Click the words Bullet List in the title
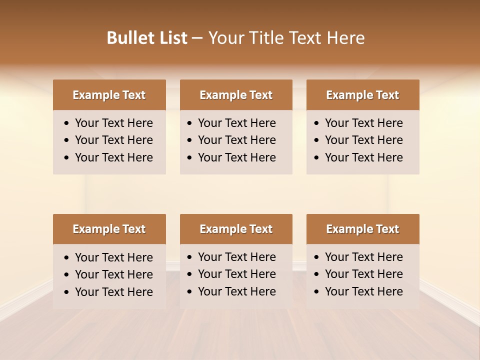coord(146,38)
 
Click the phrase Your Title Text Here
coord(286,38)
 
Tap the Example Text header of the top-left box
coord(109,95)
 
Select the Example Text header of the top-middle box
coord(236,95)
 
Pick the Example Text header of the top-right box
coord(362,95)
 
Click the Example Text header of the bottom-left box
coord(109,229)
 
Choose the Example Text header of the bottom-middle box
coord(236,229)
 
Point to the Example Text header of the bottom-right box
coord(362,229)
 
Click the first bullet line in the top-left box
coord(114,123)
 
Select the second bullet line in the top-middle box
coord(237,140)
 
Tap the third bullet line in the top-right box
coord(364,157)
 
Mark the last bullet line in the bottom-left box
coord(114,292)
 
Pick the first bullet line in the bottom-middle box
coord(237,257)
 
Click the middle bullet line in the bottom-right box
coord(364,274)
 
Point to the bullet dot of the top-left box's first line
coord(67,123)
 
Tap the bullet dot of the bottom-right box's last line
coord(317,292)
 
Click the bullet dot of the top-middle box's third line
coord(190,158)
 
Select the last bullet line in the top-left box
coord(114,157)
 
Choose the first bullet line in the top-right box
coord(364,123)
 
